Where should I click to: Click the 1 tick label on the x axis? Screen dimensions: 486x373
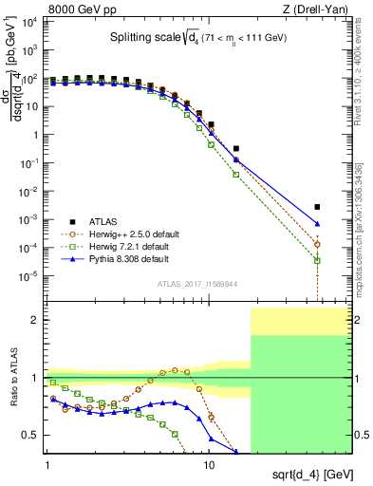coord(47,456)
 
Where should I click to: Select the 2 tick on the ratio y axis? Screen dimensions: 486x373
coord(35,320)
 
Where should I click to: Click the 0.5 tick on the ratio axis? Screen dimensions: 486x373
coord(31,435)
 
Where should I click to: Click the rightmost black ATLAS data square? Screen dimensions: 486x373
coord(318,207)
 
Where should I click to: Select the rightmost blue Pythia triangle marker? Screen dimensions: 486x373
coord(318,224)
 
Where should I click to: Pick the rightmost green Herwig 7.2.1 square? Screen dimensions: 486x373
coord(318,260)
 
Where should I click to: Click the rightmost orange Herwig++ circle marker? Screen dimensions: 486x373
coord(318,244)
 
